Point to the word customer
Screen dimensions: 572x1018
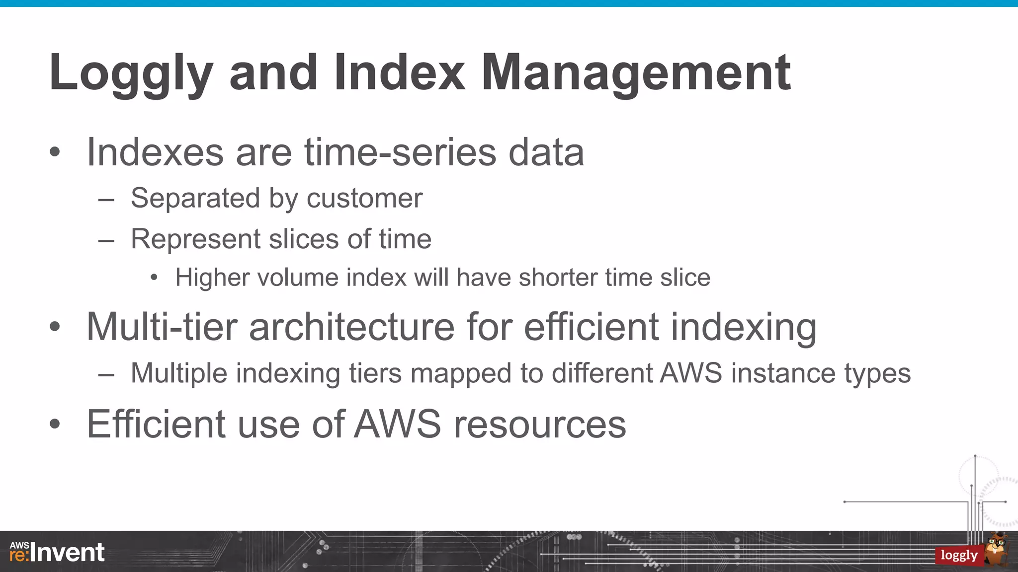click(x=364, y=199)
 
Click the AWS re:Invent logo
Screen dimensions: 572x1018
click(x=57, y=552)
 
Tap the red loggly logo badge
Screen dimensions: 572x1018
click(x=958, y=555)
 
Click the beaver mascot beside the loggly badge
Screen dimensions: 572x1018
click(x=997, y=548)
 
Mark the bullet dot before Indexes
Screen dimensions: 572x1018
click(x=55, y=152)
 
